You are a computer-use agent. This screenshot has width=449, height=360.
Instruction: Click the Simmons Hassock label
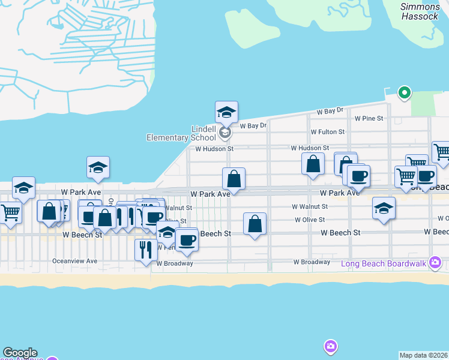point(420,11)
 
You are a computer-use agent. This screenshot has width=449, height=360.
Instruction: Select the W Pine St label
point(369,118)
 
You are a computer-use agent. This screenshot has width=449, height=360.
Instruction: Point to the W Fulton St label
point(327,131)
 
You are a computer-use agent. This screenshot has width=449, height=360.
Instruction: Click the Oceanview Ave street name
point(74,261)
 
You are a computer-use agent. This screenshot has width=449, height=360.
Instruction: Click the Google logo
point(20,353)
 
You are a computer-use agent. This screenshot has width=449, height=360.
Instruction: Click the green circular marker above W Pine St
point(405,92)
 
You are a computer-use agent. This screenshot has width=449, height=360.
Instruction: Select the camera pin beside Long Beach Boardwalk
point(436,262)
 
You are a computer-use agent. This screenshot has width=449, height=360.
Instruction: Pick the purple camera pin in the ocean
point(330,346)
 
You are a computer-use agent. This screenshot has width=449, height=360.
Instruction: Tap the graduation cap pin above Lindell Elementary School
point(227,112)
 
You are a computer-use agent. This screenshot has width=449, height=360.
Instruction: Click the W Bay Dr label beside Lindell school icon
point(253,125)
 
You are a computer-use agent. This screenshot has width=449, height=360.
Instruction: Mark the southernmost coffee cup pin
point(187,239)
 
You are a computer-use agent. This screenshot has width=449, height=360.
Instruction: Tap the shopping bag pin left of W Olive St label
point(255,224)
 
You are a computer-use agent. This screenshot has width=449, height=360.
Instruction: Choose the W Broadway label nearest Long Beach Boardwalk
point(312,262)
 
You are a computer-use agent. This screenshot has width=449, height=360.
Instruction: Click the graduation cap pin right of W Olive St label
point(384,208)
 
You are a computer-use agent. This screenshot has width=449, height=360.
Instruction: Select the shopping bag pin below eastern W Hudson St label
point(313,164)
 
